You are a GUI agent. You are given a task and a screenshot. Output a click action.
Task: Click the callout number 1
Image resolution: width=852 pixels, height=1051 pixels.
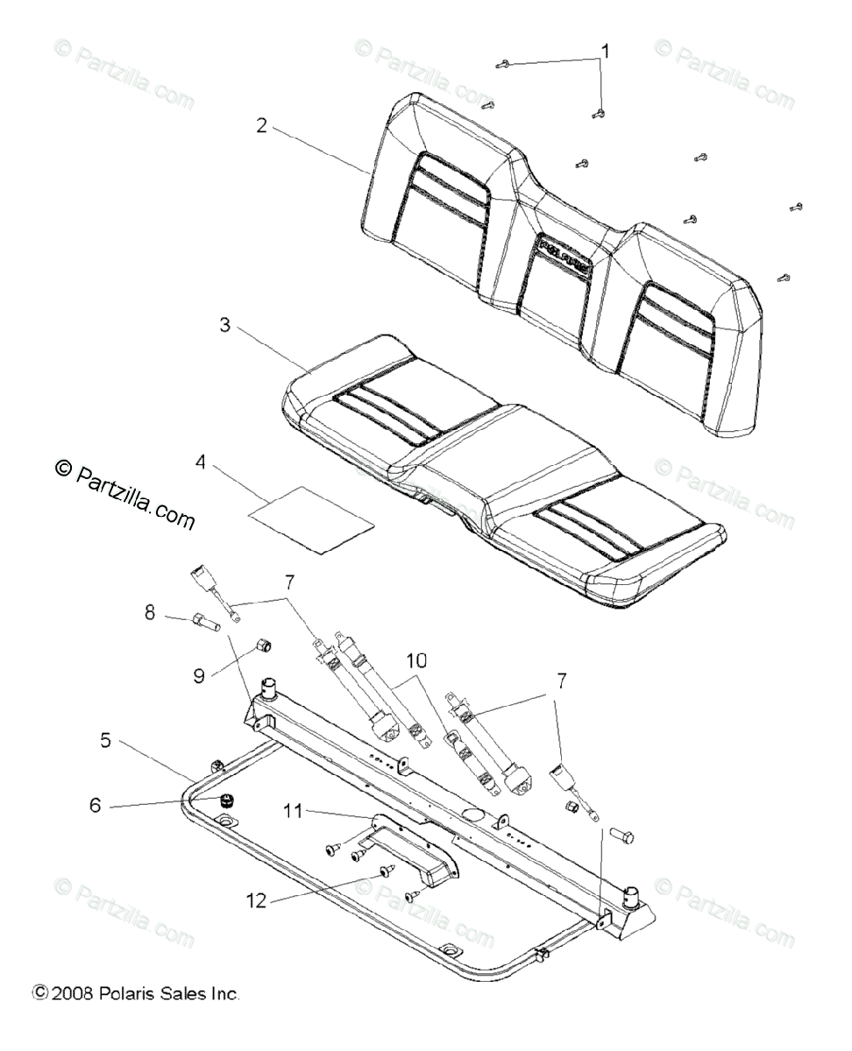click(603, 50)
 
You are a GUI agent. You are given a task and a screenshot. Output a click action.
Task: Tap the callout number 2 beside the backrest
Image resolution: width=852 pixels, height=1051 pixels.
click(261, 123)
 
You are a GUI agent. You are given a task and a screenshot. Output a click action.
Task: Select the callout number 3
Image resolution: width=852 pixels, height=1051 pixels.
click(224, 326)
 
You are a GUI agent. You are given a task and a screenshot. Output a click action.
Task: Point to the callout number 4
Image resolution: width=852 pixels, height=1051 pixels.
click(201, 461)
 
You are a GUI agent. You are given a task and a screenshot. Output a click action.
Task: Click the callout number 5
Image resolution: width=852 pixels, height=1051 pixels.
click(105, 740)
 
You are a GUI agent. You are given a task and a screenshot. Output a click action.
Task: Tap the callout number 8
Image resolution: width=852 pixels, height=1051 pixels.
click(150, 614)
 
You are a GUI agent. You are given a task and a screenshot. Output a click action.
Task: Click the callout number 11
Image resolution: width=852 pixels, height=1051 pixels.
click(294, 812)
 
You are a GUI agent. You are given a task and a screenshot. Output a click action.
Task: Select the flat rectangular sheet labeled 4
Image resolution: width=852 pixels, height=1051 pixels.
click(311, 519)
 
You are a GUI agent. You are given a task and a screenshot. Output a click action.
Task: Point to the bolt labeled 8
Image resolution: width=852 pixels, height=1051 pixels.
click(202, 624)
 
